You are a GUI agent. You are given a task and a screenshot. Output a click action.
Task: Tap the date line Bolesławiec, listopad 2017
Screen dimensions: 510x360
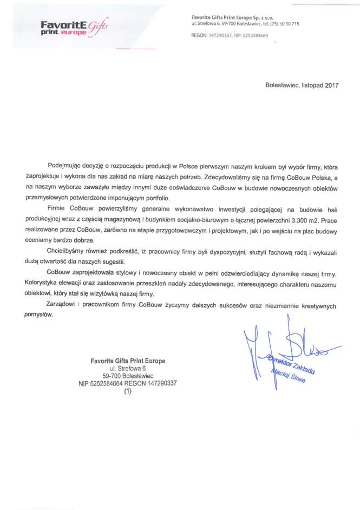point(302,85)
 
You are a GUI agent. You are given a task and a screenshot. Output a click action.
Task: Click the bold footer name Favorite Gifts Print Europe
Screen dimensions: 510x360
point(128,361)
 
